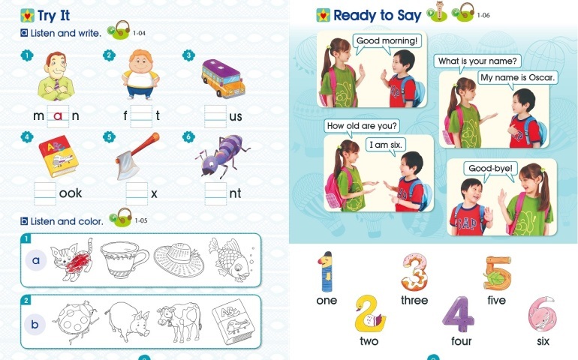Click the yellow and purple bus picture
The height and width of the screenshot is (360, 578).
point(223,78)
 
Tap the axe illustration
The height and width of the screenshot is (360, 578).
point(137,156)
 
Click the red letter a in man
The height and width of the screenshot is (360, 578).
point(58,116)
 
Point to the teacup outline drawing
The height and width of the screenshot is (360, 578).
point(125,259)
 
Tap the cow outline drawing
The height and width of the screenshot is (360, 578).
point(179,321)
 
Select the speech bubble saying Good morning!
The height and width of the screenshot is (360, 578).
point(387,42)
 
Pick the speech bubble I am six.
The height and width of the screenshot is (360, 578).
point(386,145)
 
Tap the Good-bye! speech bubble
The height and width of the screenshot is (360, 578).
point(490,169)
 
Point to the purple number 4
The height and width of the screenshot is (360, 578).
point(459,314)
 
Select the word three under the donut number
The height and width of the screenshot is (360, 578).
point(414,300)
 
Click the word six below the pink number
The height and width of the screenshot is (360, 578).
point(543,341)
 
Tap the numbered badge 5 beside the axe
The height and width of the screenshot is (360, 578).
point(109,137)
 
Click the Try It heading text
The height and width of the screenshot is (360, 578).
point(54,16)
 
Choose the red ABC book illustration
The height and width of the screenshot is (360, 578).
point(59,156)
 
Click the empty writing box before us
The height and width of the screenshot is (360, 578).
point(215,116)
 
